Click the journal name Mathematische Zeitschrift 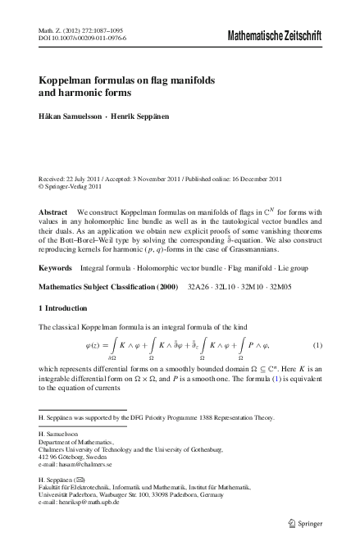(273, 37)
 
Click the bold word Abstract (53, 212)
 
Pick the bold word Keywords (56, 268)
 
